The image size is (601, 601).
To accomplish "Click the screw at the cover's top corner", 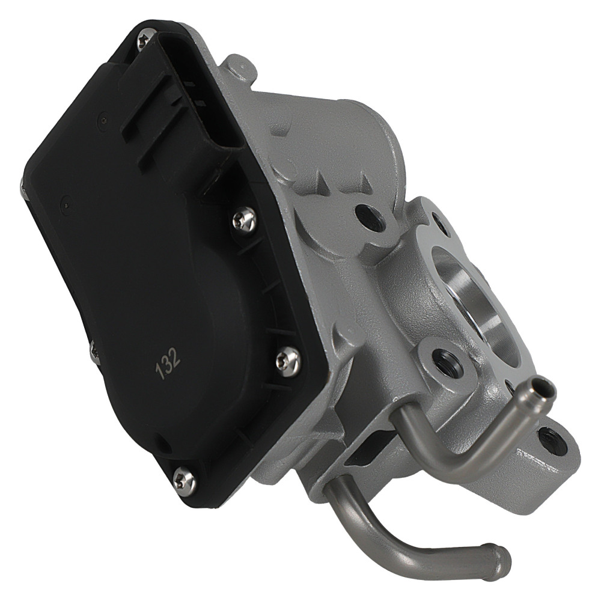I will click(x=143, y=41).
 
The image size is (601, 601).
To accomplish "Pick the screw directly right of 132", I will click(x=287, y=361).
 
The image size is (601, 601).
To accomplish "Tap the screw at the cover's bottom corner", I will click(x=184, y=478).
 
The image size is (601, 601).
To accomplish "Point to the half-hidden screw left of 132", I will click(x=94, y=351).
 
